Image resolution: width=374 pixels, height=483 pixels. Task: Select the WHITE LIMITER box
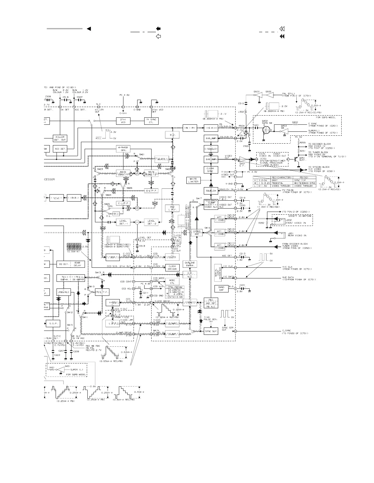click(x=193, y=180)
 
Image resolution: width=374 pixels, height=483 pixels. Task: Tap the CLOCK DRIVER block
click(x=172, y=268)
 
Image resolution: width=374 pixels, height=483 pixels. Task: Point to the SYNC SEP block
click(x=211, y=331)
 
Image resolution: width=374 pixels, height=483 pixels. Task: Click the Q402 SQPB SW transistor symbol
click(x=265, y=129)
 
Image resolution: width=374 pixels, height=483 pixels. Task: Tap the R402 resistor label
click(x=295, y=122)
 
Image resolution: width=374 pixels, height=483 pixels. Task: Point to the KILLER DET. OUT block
click(x=60, y=138)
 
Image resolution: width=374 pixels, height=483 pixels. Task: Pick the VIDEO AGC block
click(x=197, y=233)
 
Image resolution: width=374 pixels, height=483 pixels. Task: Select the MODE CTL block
click(x=172, y=281)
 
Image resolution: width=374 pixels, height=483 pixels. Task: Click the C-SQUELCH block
click(x=211, y=149)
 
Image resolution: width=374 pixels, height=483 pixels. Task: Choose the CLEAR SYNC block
click(x=211, y=170)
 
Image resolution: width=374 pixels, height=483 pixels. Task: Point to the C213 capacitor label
click(x=242, y=253)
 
